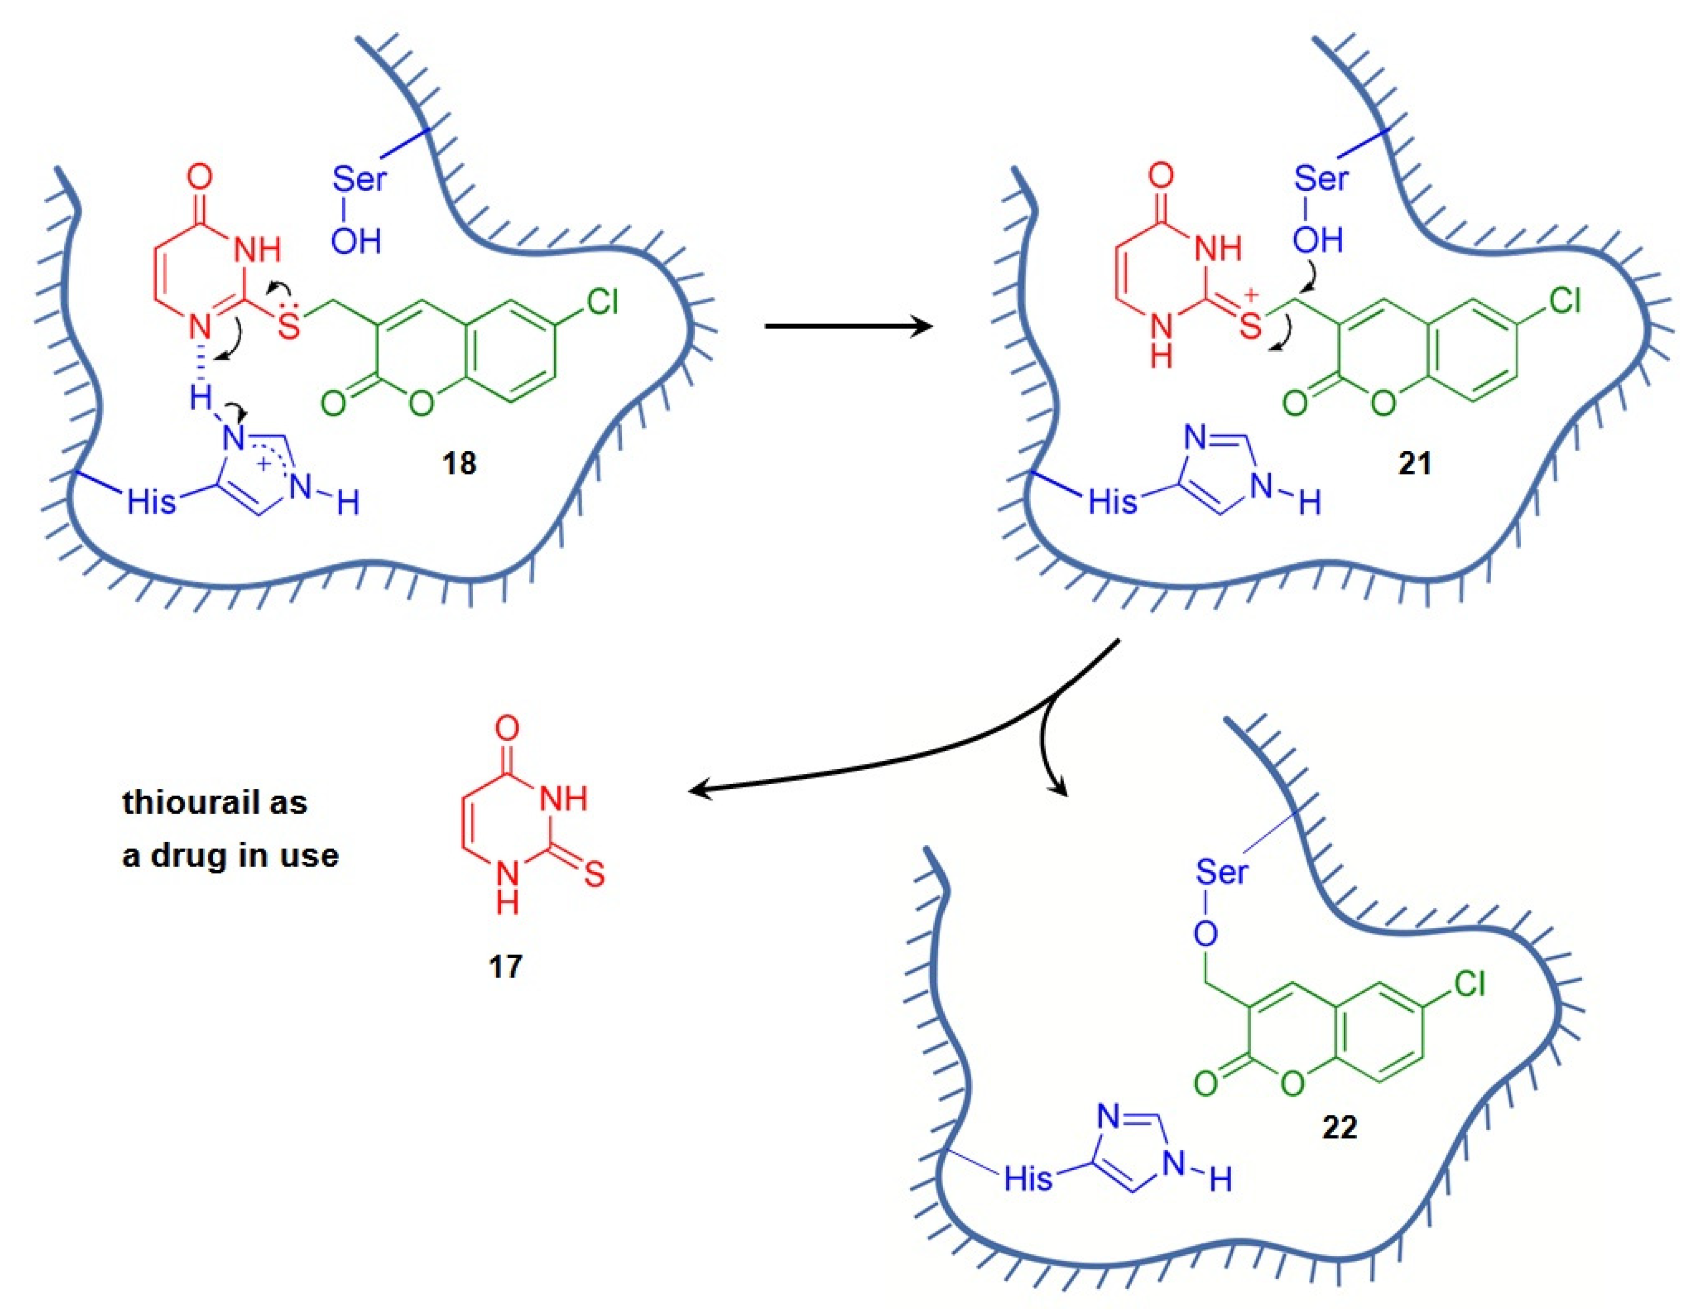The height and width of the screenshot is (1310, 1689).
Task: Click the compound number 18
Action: coord(459,464)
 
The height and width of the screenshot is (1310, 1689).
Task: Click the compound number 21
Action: coord(1415,464)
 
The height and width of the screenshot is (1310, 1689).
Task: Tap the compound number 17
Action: coord(505,967)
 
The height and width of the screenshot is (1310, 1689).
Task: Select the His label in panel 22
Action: coord(1029,1179)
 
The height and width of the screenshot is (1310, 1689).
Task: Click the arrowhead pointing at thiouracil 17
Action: coord(696,790)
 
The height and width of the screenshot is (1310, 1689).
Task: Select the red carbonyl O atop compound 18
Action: coord(199,177)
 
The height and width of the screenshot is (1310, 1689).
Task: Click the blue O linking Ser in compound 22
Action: coord(1205,935)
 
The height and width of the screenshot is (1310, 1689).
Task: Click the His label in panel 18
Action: coord(152,503)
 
